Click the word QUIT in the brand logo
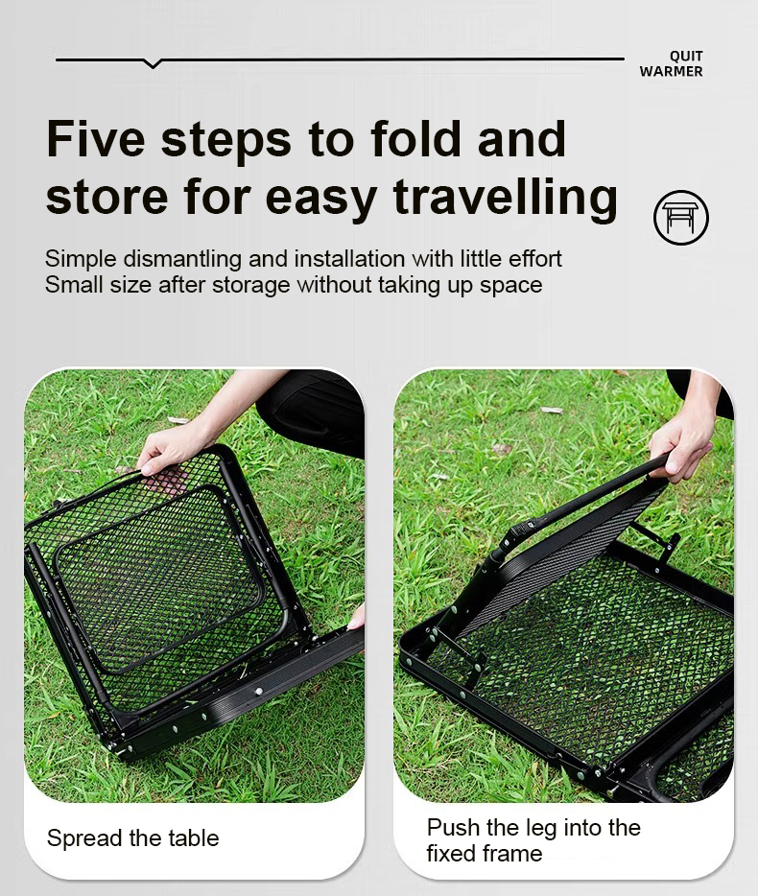point(685,57)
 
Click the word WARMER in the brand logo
point(671,72)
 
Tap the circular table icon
point(681,217)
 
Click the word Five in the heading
point(95,140)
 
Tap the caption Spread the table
point(132,838)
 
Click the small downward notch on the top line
point(152,64)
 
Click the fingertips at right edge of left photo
point(357,618)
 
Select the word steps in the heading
point(226,140)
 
